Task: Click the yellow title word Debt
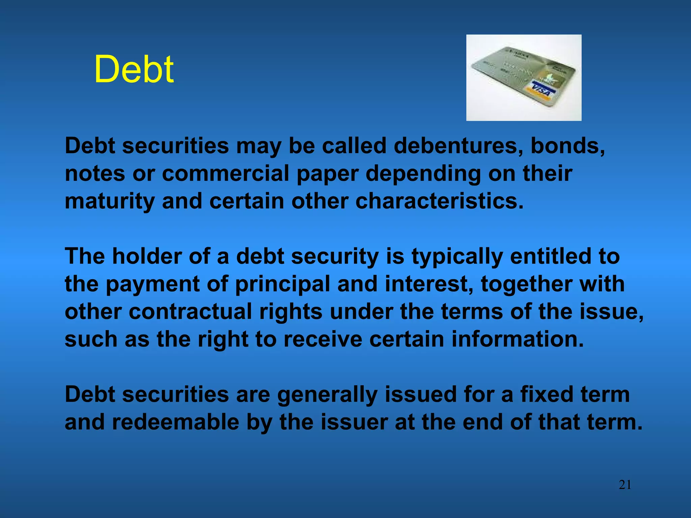click(134, 69)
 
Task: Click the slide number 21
click(625, 485)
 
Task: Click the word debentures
click(458, 146)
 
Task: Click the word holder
click(147, 256)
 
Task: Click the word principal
click(282, 284)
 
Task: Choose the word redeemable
click(175, 422)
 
